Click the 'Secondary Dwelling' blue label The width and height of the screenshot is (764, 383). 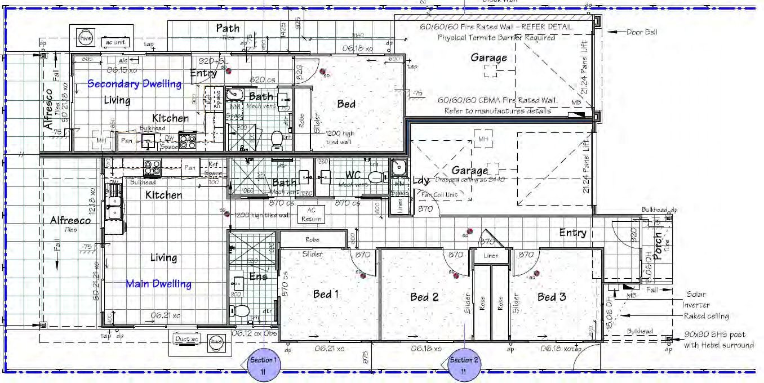click(135, 84)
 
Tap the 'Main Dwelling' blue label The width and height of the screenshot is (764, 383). click(158, 284)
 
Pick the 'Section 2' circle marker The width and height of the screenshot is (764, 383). click(463, 364)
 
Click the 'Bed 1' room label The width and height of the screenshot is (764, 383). click(326, 294)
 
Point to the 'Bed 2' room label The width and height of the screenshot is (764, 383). click(424, 297)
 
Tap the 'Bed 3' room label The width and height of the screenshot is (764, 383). click(552, 297)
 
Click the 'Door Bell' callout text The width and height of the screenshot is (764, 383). click(642, 32)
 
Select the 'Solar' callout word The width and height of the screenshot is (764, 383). click(696, 294)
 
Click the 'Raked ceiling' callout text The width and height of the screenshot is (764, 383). click(707, 316)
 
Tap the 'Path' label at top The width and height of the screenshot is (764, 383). click(228, 28)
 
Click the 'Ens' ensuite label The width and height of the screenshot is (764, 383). click(259, 277)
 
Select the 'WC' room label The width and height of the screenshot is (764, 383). click(353, 176)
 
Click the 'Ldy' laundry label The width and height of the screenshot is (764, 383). click(421, 180)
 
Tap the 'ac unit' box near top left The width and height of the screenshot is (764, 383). click(115, 42)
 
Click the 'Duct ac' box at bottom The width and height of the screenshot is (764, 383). click(186, 340)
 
